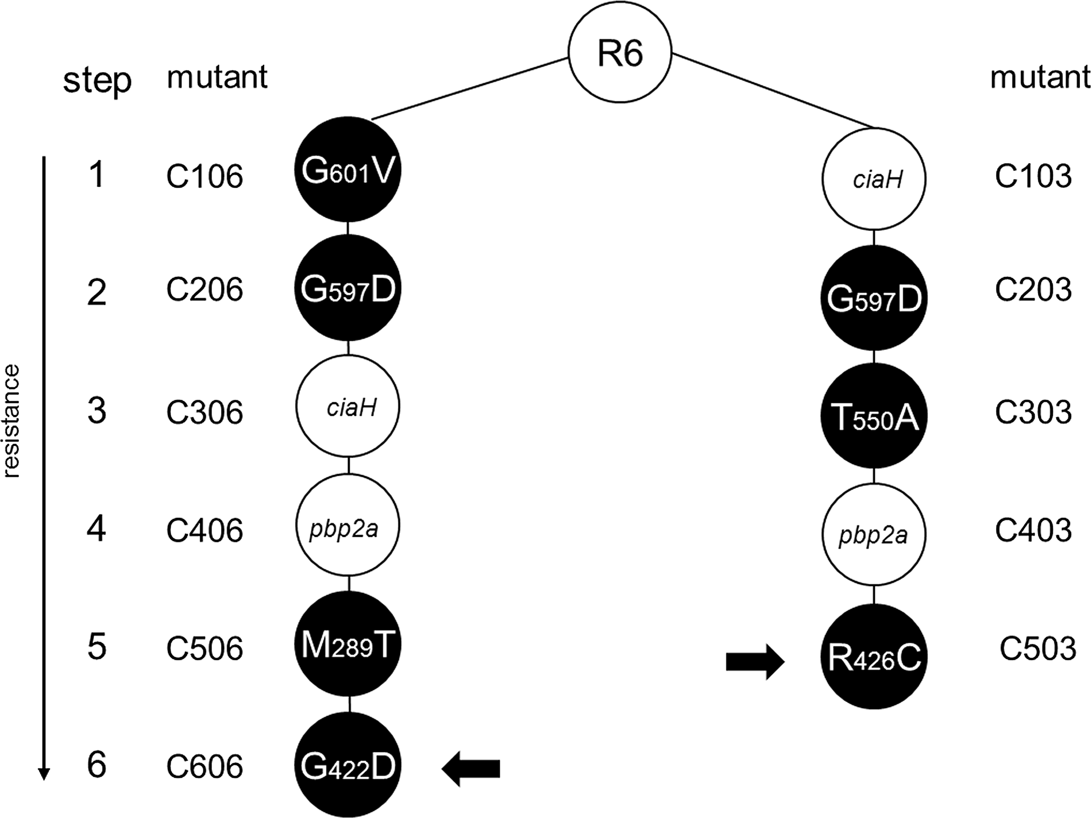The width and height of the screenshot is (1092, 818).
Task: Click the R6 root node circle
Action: tap(620, 52)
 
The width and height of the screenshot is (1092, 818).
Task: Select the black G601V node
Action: tap(348, 169)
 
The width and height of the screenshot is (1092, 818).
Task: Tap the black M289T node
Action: tap(348, 644)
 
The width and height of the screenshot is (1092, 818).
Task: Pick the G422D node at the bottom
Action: tap(348, 765)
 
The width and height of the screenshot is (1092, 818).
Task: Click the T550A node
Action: tap(874, 416)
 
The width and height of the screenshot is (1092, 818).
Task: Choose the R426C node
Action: tap(874, 656)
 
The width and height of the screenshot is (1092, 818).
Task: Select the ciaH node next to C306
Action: tap(348, 406)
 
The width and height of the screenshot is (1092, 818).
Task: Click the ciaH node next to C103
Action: tap(874, 179)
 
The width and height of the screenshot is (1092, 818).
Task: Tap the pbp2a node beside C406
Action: tap(348, 525)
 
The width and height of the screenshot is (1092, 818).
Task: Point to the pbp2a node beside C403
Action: tap(874, 535)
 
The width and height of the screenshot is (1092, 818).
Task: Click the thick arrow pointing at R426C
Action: tap(755, 661)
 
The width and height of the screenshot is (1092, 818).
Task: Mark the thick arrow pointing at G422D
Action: tap(471, 768)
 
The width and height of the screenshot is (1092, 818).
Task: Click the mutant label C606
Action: tap(205, 766)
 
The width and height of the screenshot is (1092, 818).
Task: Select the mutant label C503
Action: tap(1037, 648)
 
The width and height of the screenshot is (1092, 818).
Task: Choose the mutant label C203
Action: tap(1033, 289)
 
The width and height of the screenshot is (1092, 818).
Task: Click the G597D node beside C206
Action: tap(348, 287)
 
